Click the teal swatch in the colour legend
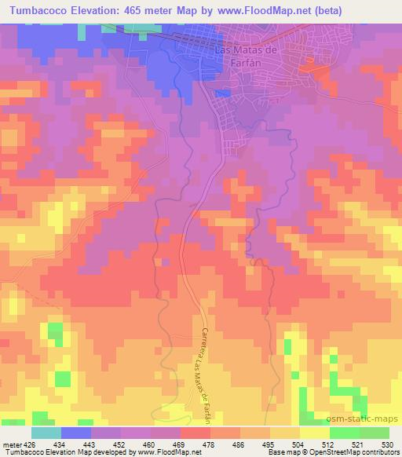point(46,433)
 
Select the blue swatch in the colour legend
point(76,433)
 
